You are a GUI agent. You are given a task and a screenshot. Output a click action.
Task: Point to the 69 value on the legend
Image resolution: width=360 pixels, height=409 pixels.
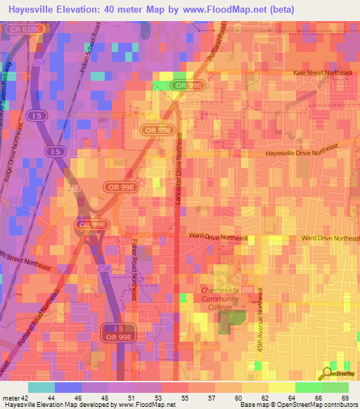344,397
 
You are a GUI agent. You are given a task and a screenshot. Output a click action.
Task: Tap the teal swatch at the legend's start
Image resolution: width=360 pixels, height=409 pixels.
41,387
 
